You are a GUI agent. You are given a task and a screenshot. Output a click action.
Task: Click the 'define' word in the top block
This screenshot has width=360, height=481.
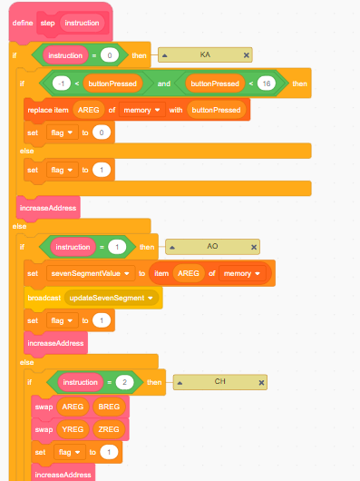click(22, 22)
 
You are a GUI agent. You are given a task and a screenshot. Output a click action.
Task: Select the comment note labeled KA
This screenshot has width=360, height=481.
click(205, 55)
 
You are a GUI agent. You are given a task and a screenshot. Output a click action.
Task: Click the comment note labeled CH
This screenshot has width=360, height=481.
click(219, 382)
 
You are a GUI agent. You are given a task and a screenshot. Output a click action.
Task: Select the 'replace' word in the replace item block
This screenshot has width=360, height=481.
click(41, 110)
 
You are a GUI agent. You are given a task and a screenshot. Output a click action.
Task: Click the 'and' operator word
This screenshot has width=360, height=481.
click(165, 84)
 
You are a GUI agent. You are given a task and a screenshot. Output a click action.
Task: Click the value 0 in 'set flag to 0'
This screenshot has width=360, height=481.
click(102, 133)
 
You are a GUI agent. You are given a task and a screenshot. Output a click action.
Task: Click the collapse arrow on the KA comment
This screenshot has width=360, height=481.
click(165, 55)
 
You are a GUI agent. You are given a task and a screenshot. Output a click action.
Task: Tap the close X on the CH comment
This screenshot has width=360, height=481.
click(261, 382)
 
